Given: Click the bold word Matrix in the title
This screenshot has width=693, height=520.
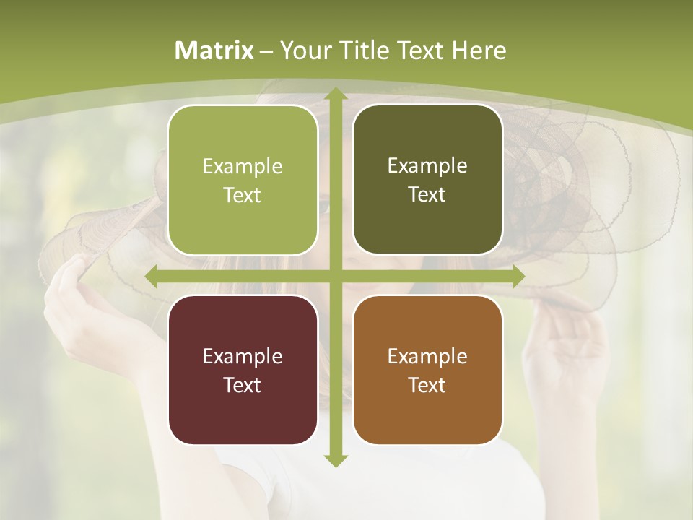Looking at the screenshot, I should [x=214, y=51].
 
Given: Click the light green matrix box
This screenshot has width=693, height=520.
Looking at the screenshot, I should [x=243, y=180].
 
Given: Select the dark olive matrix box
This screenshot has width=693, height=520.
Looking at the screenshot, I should [x=427, y=180].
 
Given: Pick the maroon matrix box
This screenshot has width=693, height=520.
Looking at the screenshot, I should [x=243, y=370].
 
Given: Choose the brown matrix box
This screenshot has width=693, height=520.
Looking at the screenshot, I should [x=427, y=370].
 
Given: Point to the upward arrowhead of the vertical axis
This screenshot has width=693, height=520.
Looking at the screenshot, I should [x=335, y=95].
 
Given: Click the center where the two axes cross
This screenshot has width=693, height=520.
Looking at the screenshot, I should [x=335, y=277].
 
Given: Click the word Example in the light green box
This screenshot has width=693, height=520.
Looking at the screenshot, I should [x=243, y=167].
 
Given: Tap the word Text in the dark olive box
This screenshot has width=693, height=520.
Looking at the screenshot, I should [x=427, y=195].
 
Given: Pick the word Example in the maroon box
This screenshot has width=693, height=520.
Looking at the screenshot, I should [x=243, y=357].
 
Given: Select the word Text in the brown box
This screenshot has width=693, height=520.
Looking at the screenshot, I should [x=427, y=385].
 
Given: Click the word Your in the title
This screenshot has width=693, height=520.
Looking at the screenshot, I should [x=304, y=51].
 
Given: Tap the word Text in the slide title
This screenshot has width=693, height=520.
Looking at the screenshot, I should [x=420, y=51].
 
